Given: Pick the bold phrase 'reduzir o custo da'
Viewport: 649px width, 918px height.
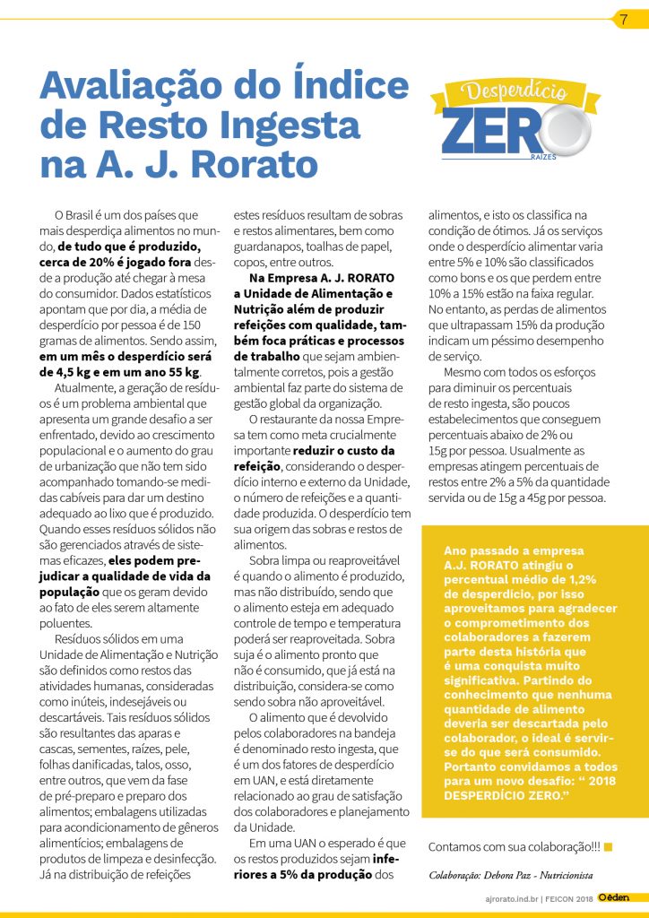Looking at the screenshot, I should (343, 449).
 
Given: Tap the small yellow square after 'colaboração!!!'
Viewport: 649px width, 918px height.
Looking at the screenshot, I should (609, 845).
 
